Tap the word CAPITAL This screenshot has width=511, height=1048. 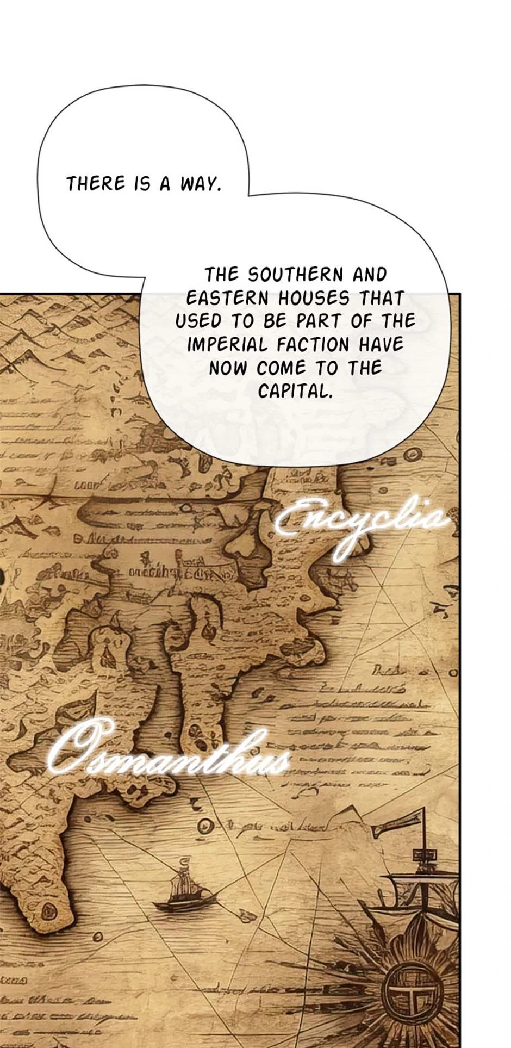click(295, 391)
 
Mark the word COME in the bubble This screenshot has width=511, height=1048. click(281, 368)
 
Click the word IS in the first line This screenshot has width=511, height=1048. click(142, 184)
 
